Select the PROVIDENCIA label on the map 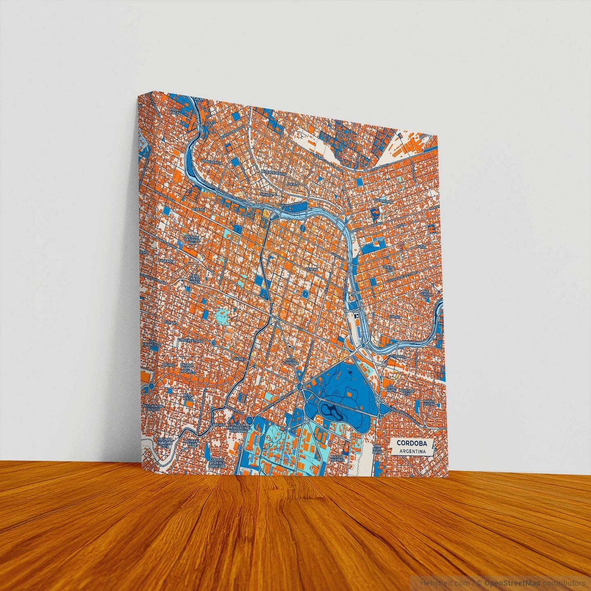pos(211,162)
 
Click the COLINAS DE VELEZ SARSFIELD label pos(217,463)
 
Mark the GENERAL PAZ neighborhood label pos(388,268)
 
